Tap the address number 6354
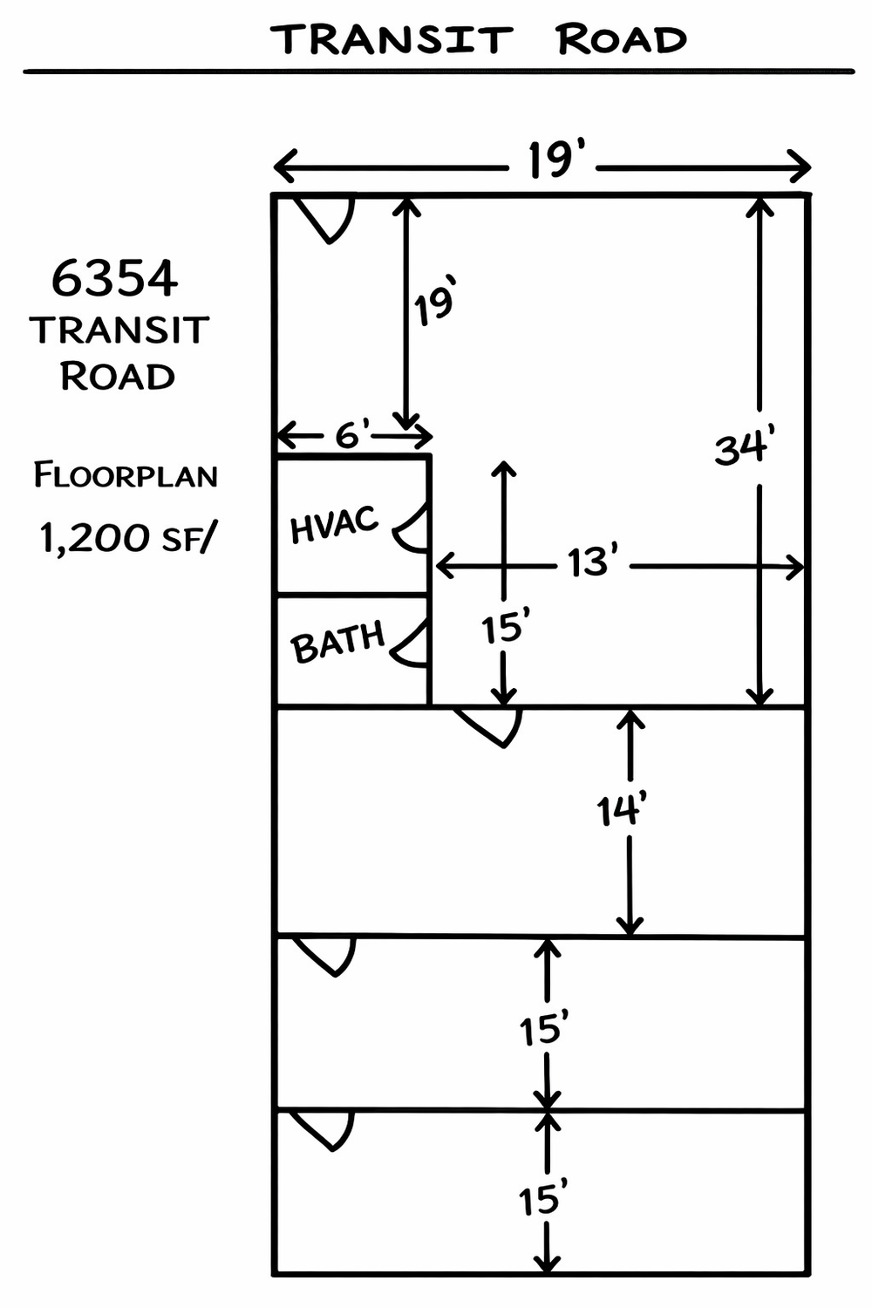click(x=114, y=278)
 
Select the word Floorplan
click(x=126, y=475)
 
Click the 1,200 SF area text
click(x=125, y=538)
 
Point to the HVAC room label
click(x=334, y=524)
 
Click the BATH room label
click(x=337, y=642)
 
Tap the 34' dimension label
click(x=745, y=448)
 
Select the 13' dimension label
click(x=593, y=563)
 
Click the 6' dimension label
click(x=353, y=433)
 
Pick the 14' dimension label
click(x=621, y=811)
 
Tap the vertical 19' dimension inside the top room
click(x=434, y=305)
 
